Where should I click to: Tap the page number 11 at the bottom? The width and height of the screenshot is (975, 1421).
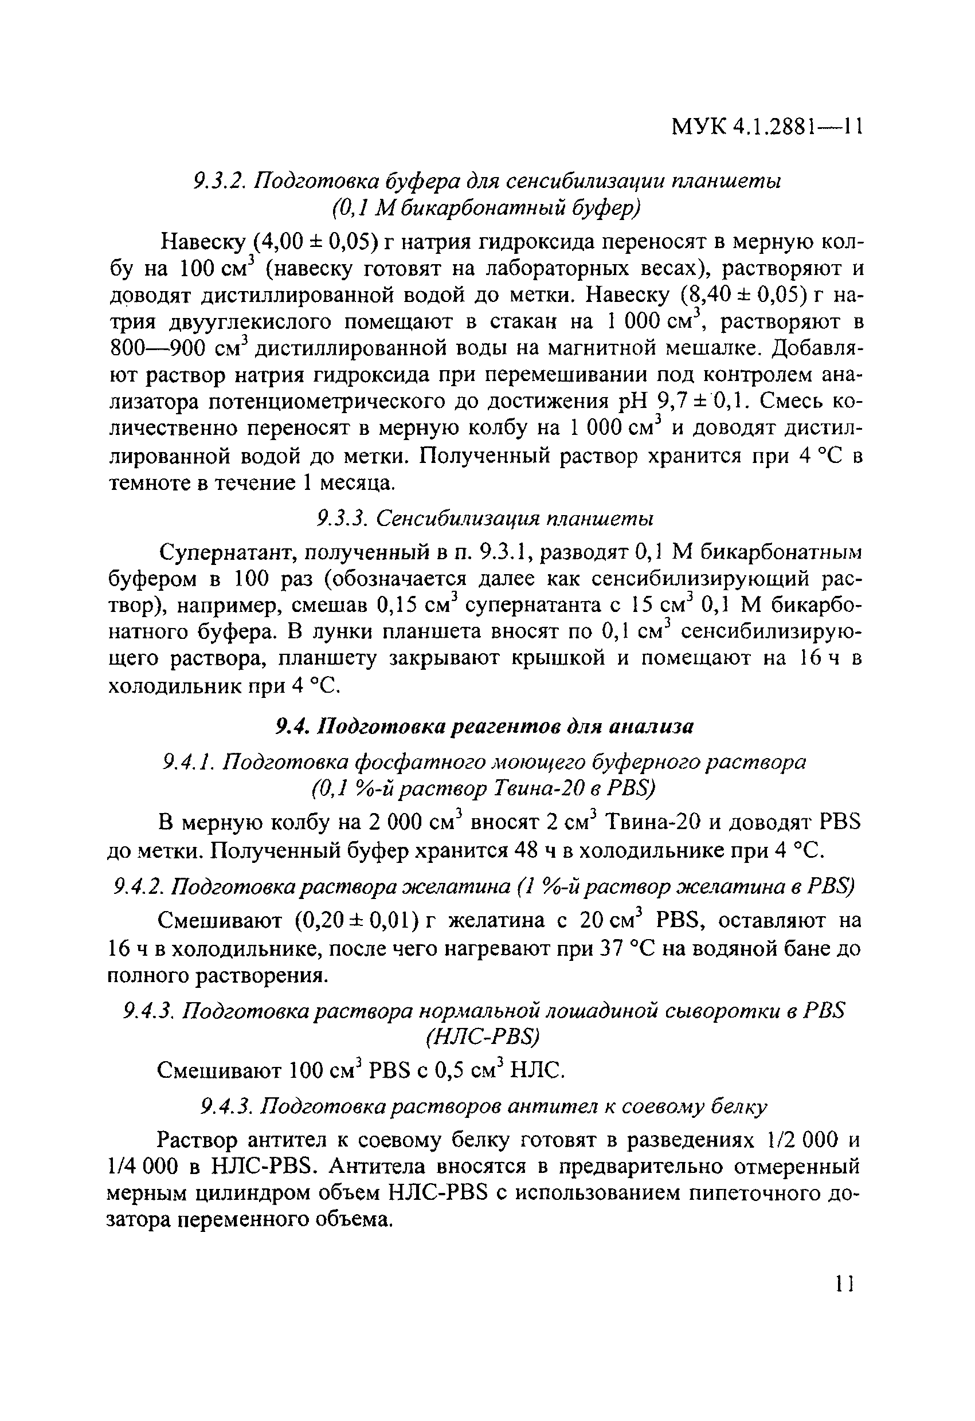coord(844,1283)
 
